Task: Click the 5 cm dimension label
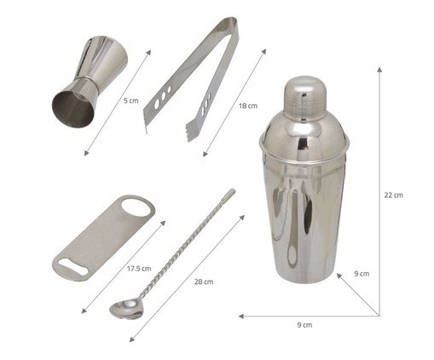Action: point(130,101)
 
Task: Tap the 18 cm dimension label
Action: point(248,106)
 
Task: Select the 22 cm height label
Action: point(393,195)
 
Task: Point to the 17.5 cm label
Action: point(139,269)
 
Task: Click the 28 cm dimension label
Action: point(204,282)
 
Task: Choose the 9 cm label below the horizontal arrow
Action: point(304,325)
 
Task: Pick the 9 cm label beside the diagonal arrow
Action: point(362,274)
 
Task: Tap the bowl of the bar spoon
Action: point(126,309)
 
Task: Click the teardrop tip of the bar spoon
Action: point(230,194)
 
